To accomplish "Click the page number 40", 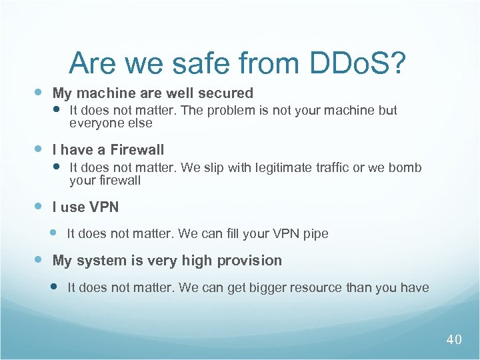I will [x=454, y=340].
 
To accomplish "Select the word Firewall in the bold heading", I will [x=137, y=150].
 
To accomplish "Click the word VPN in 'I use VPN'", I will [x=105, y=207].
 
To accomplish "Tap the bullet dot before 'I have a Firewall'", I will [x=39, y=149].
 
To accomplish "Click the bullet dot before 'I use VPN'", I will [x=39, y=206].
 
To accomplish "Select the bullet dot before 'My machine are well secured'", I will [x=39, y=92].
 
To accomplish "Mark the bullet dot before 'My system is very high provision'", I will [x=39, y=259].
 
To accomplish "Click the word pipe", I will [x=315, y=234].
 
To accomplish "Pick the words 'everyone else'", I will [x=111, y=123].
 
